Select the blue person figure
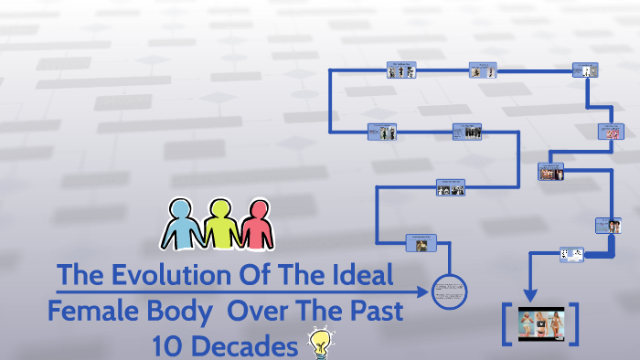[180, 223]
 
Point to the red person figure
[256, 223]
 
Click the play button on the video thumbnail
[542, 323]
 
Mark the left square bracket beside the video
[507, 323]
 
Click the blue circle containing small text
[449, 293]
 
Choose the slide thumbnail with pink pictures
[610, 132]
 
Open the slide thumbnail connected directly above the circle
[421, 243]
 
